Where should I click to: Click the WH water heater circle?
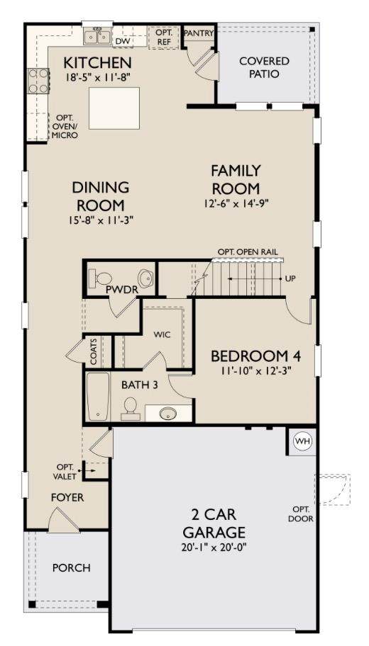(x=302, y=442)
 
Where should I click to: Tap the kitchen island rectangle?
(x=114, y=108)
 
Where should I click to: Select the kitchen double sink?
(x=97, y=37)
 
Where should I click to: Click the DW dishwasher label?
(x=121, y=41)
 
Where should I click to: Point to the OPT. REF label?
(x=164, y=37)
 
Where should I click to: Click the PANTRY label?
(x=199, y=33)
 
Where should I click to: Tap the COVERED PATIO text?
(x=264, y=67)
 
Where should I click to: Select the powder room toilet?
(x=100, y=278)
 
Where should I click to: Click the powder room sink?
(x=145, y=278)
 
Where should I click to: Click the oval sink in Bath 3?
(x=167, y=412)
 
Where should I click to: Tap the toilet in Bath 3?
(x=131, y=408)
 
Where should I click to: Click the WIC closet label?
(x=162, y=335)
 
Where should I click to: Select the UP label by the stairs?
(x=290, y=278)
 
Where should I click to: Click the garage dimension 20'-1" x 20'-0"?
(x=214, y=548)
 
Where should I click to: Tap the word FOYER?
(x=67, y=498)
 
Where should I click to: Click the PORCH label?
(x=71, y=567)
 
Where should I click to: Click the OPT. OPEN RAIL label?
(x=247, y=251)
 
